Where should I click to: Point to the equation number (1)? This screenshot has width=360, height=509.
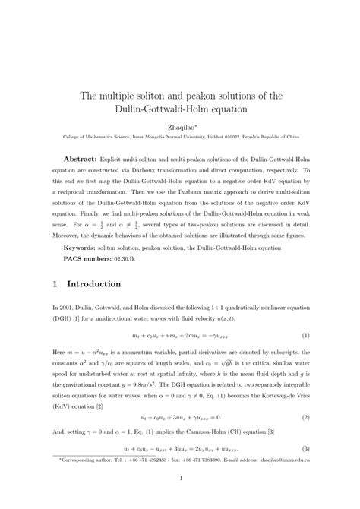[305, 335]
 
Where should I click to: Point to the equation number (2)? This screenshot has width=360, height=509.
[305, 418]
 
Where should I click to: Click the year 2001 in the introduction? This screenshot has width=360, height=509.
[68, 307]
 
